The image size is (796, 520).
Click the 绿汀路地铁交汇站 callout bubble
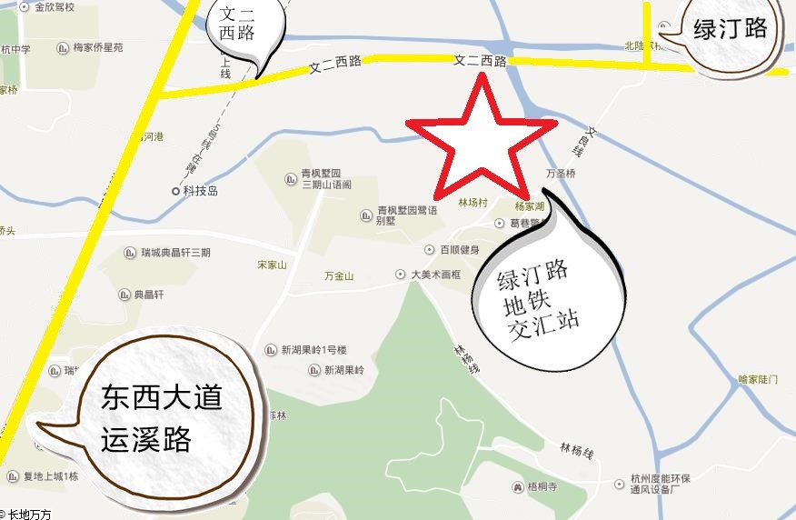tap(545, 295)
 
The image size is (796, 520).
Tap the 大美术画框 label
tap(436, 274)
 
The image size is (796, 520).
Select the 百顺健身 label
tap(459, 249)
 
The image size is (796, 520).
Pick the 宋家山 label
tap(272, 265)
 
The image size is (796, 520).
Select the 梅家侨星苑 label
tap(98, 47)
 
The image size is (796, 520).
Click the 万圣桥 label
tap(561, 173)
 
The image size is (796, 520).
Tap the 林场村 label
tap(473, 203)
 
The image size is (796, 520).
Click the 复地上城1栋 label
tap(51, 476)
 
